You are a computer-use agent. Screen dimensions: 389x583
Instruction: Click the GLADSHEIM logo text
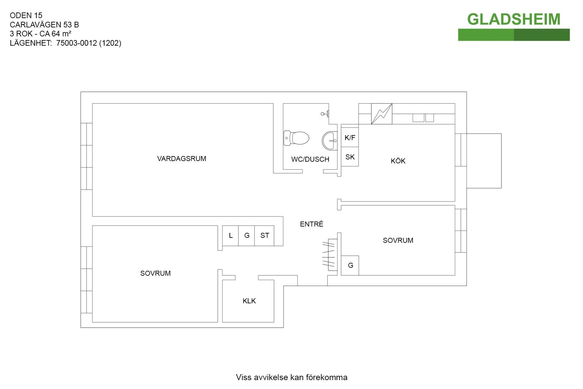(x=513, y=19)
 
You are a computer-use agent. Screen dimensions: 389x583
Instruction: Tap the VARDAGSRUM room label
(x=182, y=159)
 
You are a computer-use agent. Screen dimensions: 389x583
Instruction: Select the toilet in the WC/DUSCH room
(x=296, y=138)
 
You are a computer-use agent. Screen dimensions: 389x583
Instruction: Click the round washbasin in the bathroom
(x=329, y=141)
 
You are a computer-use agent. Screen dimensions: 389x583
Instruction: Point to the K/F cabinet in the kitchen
(x=350, y=138)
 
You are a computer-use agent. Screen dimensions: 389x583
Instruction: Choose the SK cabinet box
(x=350, y=157)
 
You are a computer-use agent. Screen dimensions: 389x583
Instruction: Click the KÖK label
(x=398, y=161)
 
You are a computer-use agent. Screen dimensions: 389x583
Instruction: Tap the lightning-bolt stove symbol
(x=382, y=114)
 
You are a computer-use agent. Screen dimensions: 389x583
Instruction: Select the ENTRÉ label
(x=312, y=224)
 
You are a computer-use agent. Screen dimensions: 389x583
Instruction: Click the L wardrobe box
(x=230, y=236)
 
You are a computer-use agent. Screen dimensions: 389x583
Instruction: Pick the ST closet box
(x=264, y=236)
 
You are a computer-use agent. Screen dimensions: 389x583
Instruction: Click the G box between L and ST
(x=247, y=236)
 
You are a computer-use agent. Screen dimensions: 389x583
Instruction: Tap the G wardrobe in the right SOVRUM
(x=350, y=265)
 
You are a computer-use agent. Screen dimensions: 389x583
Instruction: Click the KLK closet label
(x=249, y=301)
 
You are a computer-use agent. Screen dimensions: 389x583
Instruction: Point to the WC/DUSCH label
(x=310, y=159)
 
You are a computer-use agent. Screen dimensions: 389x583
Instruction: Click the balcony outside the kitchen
(x=484, y=161)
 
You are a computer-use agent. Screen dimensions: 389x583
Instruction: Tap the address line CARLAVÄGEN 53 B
(x=44, y=25)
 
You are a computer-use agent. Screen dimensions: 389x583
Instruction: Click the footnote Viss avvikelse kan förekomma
(x=291, y=377)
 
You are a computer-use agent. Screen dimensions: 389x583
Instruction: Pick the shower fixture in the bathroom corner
(x=325, y=114)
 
